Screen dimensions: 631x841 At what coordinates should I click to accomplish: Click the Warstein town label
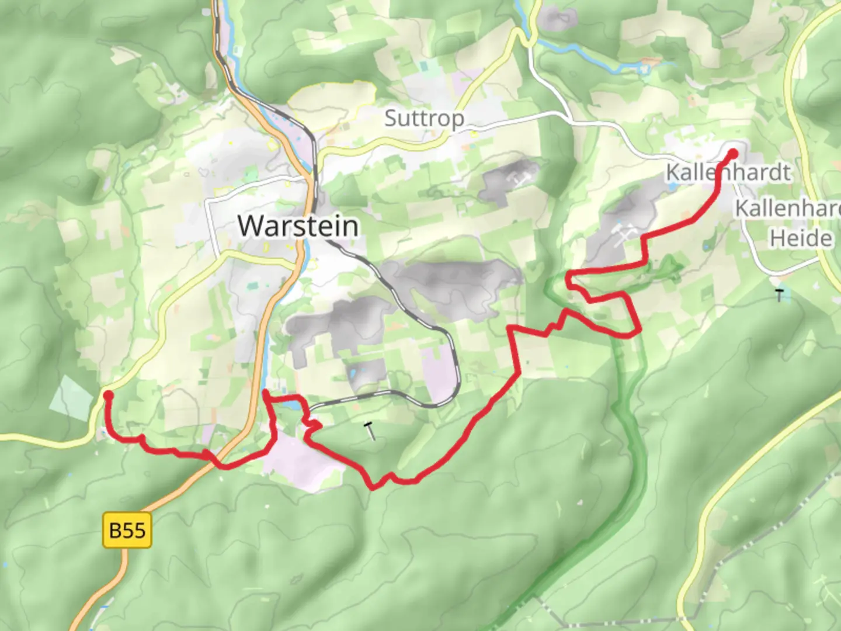(x=298, y=226)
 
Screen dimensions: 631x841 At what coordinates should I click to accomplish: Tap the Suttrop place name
(x=425, y=119)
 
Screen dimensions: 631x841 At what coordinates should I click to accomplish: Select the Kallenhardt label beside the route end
(x=728, y=173)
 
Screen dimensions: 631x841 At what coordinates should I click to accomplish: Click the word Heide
(x=801, y=238)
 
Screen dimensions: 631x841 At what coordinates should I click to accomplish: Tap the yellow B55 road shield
(x=127, y=530)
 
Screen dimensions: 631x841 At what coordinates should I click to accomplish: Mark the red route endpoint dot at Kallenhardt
(x=733, y=154)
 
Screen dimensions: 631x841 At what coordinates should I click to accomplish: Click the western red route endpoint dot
(x=108, y=396)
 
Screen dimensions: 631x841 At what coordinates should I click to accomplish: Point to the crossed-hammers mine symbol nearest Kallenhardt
(x=624, y=233)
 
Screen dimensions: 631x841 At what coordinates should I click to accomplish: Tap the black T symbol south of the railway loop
(x=370, y=431)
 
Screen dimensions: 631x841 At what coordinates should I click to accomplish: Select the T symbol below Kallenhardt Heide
(x=779, y=295)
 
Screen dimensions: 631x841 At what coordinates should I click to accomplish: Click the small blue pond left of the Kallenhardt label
(x=672, y=187)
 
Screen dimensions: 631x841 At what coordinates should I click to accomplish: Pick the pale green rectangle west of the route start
(x=72, y=397)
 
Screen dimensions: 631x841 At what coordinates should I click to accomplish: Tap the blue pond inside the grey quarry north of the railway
(x=353, y=372)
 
